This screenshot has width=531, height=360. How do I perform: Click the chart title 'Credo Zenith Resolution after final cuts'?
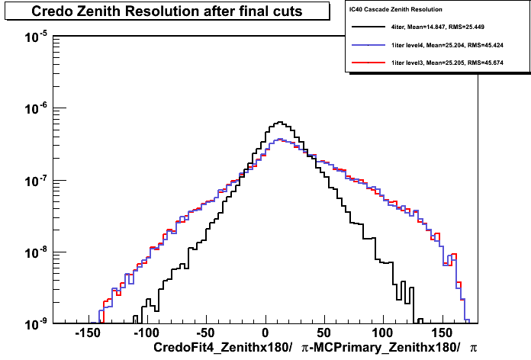click(x=166, y=11)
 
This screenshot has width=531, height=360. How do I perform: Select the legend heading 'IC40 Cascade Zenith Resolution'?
click(x=395, y=9)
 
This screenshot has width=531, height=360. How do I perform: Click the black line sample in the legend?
click(x=368, y=27)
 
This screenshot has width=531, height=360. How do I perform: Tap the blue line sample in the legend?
click(x=368, y=45)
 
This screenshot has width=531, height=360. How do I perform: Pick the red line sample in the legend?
click(x=368, y=63)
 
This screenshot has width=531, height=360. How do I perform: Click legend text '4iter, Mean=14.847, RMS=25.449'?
click(x=437, y=27)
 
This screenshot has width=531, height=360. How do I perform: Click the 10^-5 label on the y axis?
click(x=36, y=37)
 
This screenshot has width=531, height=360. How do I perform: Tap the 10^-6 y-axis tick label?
click(x=36, y=109)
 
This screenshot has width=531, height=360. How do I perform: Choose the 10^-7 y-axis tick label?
click(x=36, y=181)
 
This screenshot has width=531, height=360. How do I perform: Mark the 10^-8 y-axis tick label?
click(x=36, y=252)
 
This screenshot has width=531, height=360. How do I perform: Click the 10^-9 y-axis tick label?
click(x=36, y=324)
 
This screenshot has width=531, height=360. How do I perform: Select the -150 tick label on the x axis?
click(x=88, y=333)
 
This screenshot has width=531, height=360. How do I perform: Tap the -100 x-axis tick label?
click(x=146, y=333)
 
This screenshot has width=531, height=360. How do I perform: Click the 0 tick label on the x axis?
click(x=265, y=333)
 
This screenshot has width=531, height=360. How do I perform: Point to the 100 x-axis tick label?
click(x=383, y=333)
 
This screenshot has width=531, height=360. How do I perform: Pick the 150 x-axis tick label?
click(x=442, y=333)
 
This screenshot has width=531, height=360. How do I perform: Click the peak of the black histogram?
click(x=280, y=122)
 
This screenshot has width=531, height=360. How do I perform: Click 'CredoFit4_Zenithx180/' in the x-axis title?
click(x=223, y=348)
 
